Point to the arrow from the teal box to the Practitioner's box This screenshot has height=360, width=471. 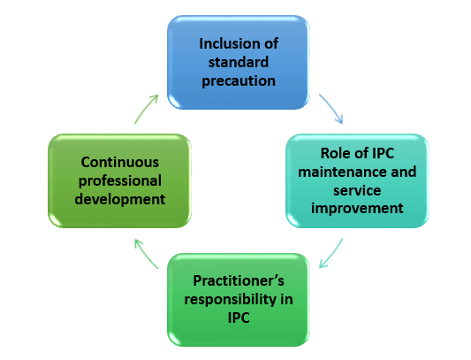(x=330, y=251)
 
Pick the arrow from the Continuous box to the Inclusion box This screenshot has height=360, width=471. (x=147, y=108)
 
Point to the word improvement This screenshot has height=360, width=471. (x=357, y=208)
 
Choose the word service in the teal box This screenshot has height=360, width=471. (x=357, y=189)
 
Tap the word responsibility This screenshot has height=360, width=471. (x=229, y=299)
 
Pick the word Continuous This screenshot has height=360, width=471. (x=120, y=163)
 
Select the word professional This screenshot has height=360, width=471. (x=120, y=181)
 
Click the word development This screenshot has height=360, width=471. (x=120, y=199)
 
